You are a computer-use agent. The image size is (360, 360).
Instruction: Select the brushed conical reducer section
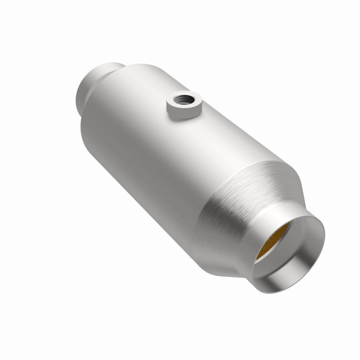tap(234, 202)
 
